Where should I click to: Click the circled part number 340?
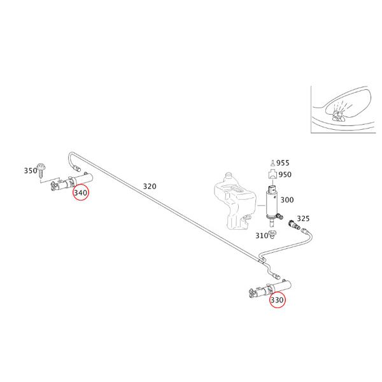pyautogui.click(x=81, y=193)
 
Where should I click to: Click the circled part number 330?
pyautogui.click(x=277, y=300)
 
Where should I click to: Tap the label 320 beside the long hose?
pyautogui.click(x=150, y=187)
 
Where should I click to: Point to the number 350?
pyautogui.click(x=31, y=170)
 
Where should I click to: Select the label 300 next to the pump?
pyautogui.click(x=287, y=200)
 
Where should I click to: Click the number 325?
pyautogui.click(x=303, y=218)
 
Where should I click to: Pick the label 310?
pyautogui.click(x=262, y=236)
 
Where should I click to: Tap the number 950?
pyautogui.click(x=285, y=174)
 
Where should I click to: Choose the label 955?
pyautogui.click(x=283, y=163)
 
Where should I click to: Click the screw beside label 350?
pyautogui.click(x=42, y=170)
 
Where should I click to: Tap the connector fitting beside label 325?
pyautogui.click(x=294, y=225)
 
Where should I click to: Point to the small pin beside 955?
pyautogui.click(x=272, y=163)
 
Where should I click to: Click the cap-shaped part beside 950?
pyautogui.click(x=272, y=174)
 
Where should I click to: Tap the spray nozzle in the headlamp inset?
pyautogui.click(x=338, y=115)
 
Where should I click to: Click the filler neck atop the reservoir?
pyautogui.click(x=229, y=176)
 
